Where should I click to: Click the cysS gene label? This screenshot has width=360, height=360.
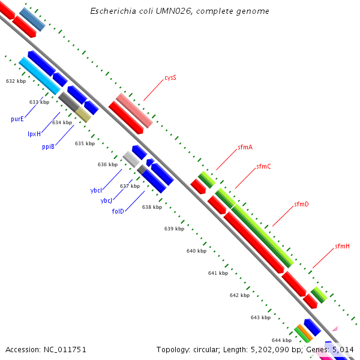click(170, 78)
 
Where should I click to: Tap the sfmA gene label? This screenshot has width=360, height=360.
click(245, 147)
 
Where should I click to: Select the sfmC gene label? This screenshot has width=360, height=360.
click(263, 166)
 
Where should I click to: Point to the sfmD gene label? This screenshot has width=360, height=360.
click(301, 205)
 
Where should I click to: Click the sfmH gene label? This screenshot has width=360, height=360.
click(342, 246)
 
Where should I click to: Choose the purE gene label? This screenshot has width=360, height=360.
click(17, 119)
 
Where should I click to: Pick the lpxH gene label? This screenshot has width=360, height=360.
click(34, 134)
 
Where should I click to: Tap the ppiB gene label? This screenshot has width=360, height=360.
click(49, 146)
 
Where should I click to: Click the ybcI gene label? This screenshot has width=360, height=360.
click(96, 190)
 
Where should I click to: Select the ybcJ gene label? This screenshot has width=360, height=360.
click(107, 200)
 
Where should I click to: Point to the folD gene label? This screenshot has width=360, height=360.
click(118, 211)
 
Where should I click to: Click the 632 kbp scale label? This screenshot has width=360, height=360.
click(16, 80)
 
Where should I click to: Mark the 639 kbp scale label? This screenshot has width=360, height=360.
click(174, 229)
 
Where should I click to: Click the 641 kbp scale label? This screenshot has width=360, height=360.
click(218, 273)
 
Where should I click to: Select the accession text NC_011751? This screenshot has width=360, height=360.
click(65, 349)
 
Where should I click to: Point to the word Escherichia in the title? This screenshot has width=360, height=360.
click(111, 11)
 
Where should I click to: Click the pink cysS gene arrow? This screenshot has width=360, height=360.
click(134, 110)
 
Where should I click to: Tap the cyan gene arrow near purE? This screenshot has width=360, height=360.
click(40, 76)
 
